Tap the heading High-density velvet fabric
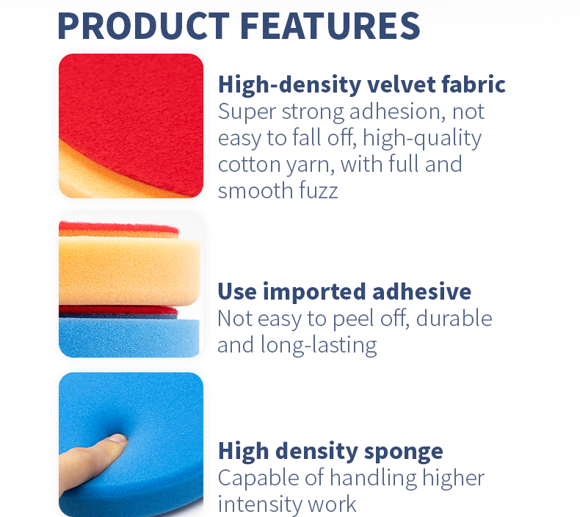point(361,84)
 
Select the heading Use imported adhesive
point(344,292)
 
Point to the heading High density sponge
point(330,450)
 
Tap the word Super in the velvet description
point(245,112)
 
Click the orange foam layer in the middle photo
point(125,268)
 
